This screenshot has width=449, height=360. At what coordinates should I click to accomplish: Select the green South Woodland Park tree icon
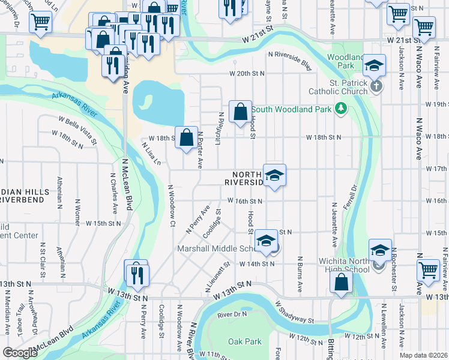pos(341,108)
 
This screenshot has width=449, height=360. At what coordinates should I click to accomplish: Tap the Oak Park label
pos(245,341)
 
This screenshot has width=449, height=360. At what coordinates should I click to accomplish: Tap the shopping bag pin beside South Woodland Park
pos(240,112)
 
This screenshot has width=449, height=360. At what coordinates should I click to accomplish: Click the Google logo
pos(20,353)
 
